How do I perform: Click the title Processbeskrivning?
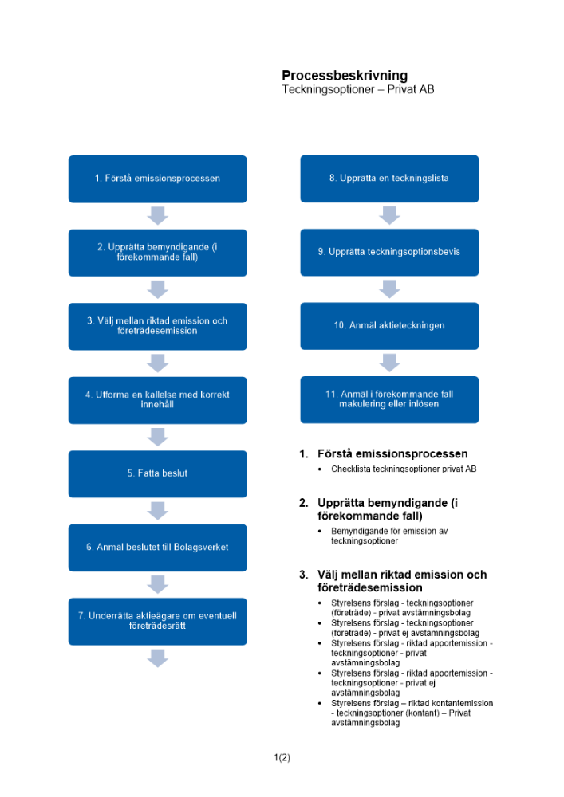tap(345, 76)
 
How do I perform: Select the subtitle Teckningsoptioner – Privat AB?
tap(358, 90)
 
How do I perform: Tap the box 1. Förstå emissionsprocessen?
tap(157, 179)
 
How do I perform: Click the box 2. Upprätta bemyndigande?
tap(157, 252)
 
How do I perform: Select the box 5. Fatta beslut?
tap(157, 473)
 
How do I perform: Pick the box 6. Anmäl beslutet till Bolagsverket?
tap(157, 548)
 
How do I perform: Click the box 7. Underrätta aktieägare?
tap(157, 621)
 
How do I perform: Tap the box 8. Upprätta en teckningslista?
tap(389, 179)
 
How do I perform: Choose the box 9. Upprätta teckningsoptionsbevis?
tap(389, 252)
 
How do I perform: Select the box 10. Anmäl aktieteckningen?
tap(389, 325)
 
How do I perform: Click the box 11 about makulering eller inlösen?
tap(389, 399)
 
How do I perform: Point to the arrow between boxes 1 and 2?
tap(158, 215)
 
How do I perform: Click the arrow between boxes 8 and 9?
tap(389, 215)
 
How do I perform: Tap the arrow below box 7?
tap(158, 658)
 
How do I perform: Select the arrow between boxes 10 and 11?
tap(389, 363)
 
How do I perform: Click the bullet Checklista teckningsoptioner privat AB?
tap(404, 469)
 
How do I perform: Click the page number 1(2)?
tap(282, 758)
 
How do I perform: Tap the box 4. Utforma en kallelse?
tap(157, 399)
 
